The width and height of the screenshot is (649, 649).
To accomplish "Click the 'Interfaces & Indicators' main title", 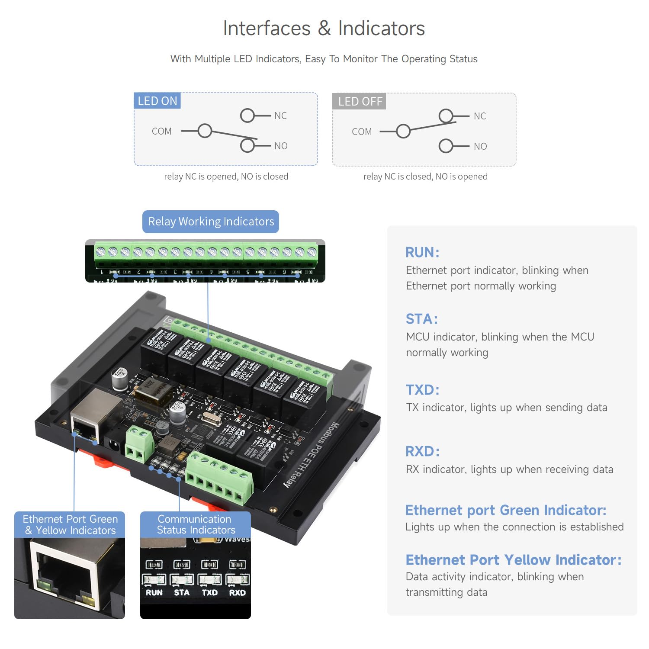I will pyautogui.click(x=324, y=29).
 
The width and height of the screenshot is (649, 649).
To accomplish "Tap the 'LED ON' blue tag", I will pyautogui.click(x=157, y=101).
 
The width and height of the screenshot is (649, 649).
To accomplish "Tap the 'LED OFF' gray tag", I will pyautogui.click(x=360, y=101).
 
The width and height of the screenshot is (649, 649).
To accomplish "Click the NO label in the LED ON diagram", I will pyautogui.click(x=281, y=146).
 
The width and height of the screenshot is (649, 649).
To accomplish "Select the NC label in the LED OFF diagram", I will pyautogui.click(x=479, y=116).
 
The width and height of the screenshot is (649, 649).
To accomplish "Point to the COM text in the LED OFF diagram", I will pyautogui.click(x=362, y=132).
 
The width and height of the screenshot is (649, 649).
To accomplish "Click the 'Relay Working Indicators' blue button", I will pyautogui.click(x=211, y=222).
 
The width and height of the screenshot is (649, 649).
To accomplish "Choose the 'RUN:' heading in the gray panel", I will pyautogui.click(x=422, y=252).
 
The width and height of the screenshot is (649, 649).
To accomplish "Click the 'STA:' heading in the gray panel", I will pyautogui.click(x=421, y=319).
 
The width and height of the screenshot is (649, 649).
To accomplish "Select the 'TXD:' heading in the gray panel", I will pyautogui.click(x=422, y=390).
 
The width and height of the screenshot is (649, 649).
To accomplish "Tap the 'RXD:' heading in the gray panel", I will pyautogui.click(x=422, y=451).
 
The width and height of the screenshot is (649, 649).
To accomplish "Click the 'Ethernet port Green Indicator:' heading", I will pyautogui.click(x=505, y=510).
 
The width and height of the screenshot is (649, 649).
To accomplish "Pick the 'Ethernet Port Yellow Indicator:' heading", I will pyautogui.click(x=513, y=560).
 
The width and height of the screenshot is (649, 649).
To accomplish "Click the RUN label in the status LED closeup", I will pyautogui.click(x=154, y=593).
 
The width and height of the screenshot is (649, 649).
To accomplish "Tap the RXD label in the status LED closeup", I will pyautogui.click(x=237, y=593).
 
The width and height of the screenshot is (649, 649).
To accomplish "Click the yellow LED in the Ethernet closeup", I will pyautogui.click(x=88, y=600).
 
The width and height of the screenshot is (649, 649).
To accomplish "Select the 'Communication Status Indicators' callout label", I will pyautogui.click(x=196, y=524).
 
